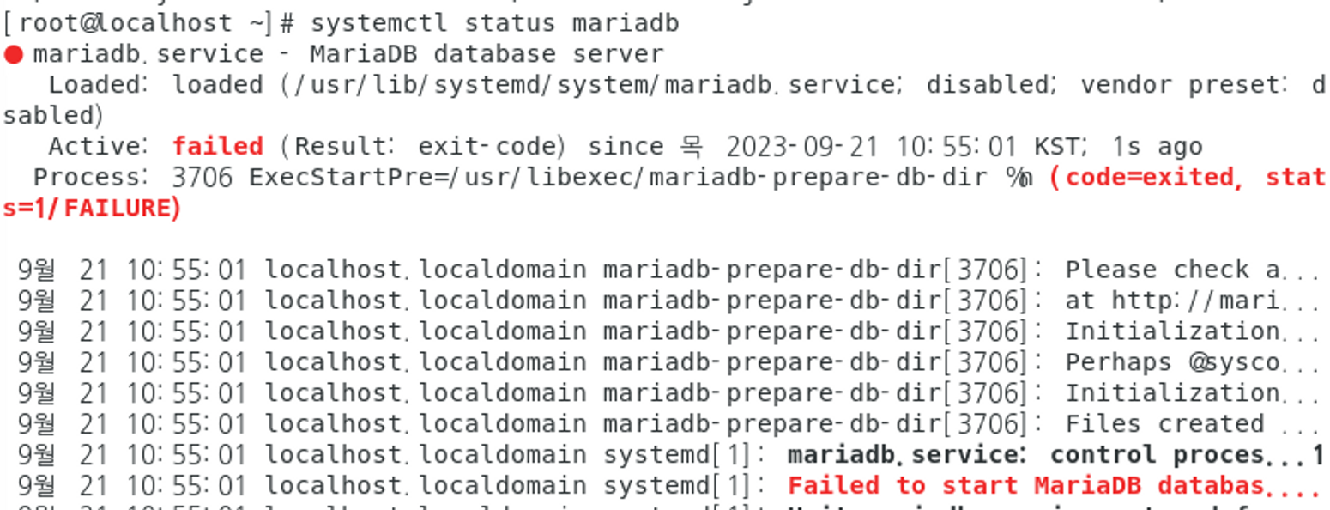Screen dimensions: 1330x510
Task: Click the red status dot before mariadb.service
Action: [x=13, y=55]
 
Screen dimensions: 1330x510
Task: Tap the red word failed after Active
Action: [x=217, y=146]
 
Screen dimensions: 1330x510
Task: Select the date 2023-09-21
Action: [x=802, y=146]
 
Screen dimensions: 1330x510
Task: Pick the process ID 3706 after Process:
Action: [x=202, y=178]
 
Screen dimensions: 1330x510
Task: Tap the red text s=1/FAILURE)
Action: [x=92, y=209]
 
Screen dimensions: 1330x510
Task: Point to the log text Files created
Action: [x=1164, y=424]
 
